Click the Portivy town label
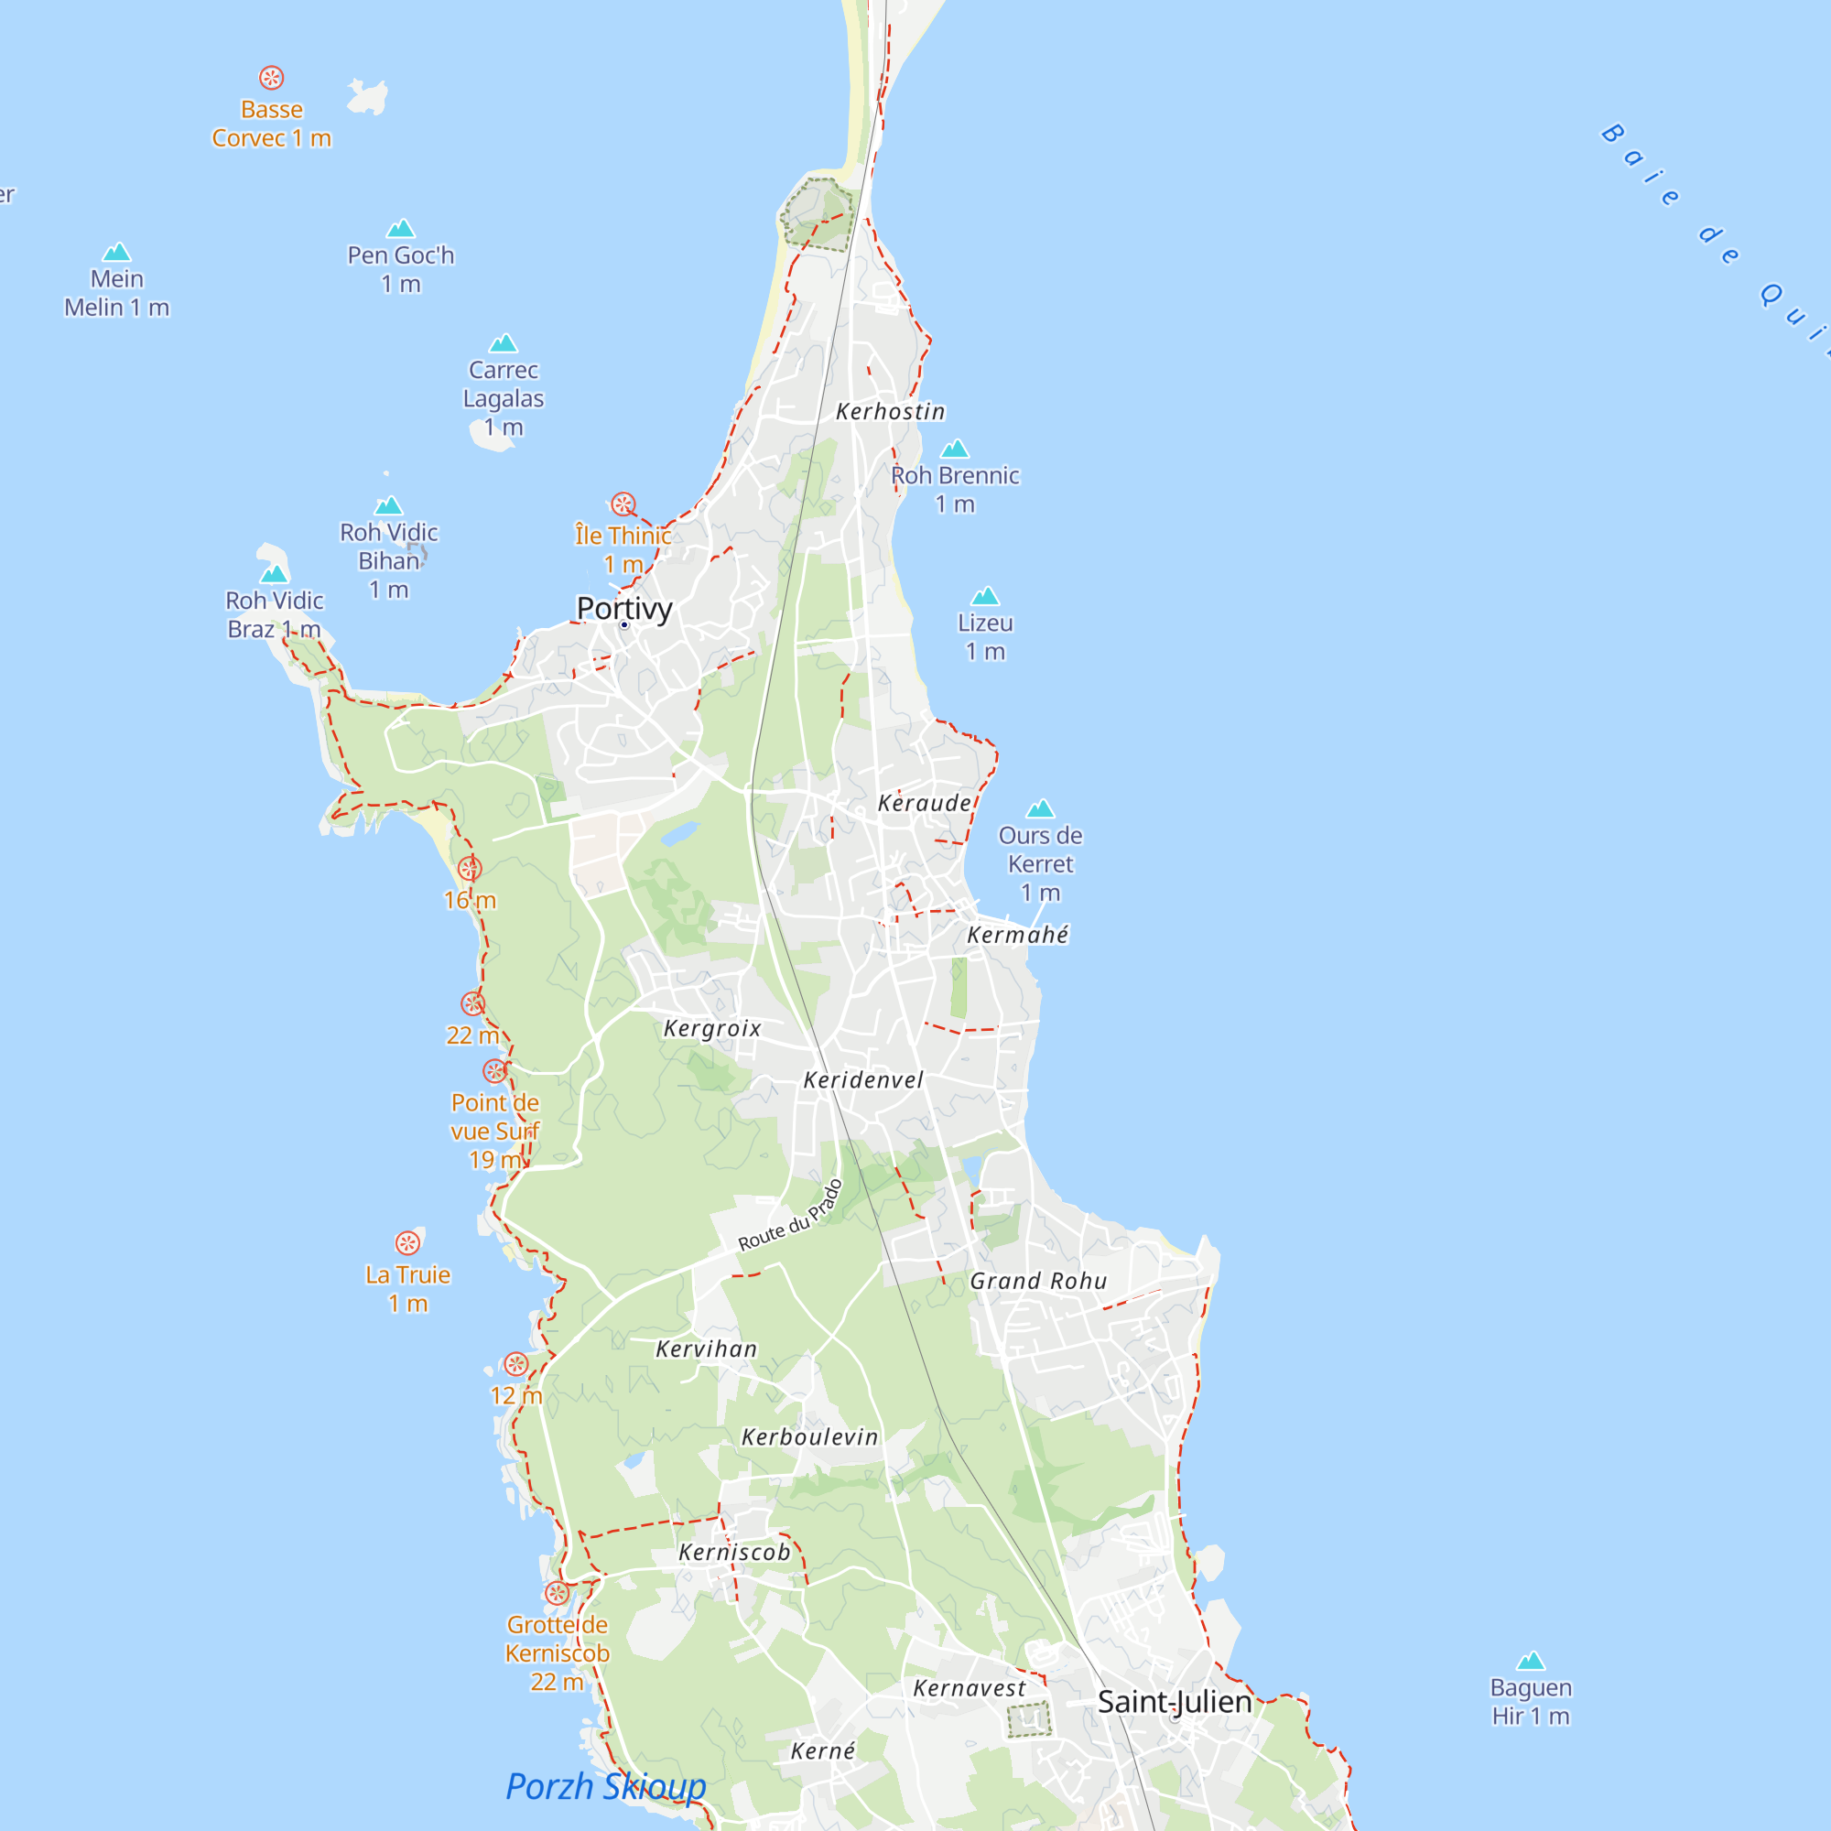623,609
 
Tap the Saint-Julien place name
1175,1701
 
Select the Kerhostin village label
890,411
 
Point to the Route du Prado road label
790,1216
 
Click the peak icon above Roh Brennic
954,449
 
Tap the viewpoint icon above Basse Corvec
271,78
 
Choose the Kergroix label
711,1028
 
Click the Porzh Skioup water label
605,1786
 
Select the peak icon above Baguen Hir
1530,1661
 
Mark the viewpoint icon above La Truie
407,1242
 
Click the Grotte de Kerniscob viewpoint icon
557,1593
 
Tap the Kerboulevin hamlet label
809,1436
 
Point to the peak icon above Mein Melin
116,252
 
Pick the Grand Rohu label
1038,1282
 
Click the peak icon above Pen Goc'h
401,228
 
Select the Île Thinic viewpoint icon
623,504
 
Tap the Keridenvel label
862,1079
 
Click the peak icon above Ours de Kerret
1040,808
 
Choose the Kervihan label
706,1349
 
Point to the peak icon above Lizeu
985,596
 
